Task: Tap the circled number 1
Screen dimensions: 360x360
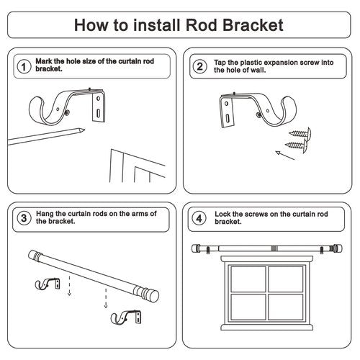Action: click(x=24, y=66)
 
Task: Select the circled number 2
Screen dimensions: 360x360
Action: click(x=200, y=66)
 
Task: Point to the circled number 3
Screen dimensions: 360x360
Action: click(x=24, y=218)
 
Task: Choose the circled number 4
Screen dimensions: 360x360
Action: click(x=199, y=218)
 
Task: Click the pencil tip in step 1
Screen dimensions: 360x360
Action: click(x=84, y=130)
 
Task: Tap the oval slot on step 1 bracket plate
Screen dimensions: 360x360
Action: click(x=98, y=113)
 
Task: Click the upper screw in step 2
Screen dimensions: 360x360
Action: click(x=300, y=133)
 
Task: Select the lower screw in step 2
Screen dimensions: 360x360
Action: click(x=297, y=145)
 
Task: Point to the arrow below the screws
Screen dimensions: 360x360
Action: click(x=285, y=156)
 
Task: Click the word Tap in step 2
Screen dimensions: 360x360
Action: click(x=220, y=63)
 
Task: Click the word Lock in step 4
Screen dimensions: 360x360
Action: click(x=222, y=214)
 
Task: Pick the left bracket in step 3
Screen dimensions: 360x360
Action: click(x=48, y=284)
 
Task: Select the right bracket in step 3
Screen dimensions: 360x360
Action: click(x=126, y=318)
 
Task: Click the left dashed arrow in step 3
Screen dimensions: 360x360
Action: click(x=69, y=286)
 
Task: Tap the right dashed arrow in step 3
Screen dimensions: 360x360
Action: click(x=106, y=298)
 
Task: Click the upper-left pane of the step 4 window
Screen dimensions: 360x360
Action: click(x=248, y=279)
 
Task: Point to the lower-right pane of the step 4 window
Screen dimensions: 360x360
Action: click(x=286, y=307)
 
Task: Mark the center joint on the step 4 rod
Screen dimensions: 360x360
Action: click(x=274, y=248)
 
